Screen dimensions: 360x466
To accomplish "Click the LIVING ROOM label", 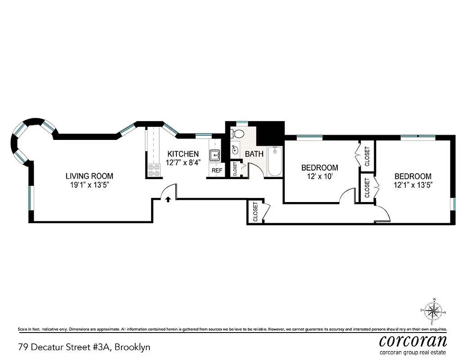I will [90, 176].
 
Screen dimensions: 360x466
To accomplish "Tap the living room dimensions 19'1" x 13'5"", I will [90, 184].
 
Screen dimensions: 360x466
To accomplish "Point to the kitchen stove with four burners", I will [154, 170].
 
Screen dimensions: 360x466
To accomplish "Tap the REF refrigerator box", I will [217, 171].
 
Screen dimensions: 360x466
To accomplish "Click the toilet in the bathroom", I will [237, 133].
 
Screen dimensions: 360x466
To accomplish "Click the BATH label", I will [254, 154].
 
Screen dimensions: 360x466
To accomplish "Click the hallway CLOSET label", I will [255, 212].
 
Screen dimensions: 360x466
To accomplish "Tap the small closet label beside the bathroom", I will [235, 169].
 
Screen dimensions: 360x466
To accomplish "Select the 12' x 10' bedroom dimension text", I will [319, 176].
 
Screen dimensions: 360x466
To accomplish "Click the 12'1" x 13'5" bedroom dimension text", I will [412, 184].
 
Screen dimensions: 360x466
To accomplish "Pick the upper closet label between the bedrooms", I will [367, 156].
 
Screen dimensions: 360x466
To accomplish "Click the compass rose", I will [433, 311].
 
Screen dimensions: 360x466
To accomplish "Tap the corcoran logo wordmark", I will [413, 340].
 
